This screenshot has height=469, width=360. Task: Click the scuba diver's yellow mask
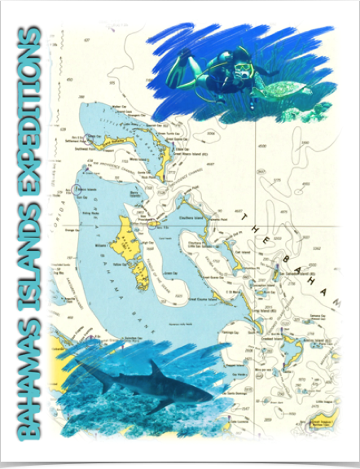tap(242, 66)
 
